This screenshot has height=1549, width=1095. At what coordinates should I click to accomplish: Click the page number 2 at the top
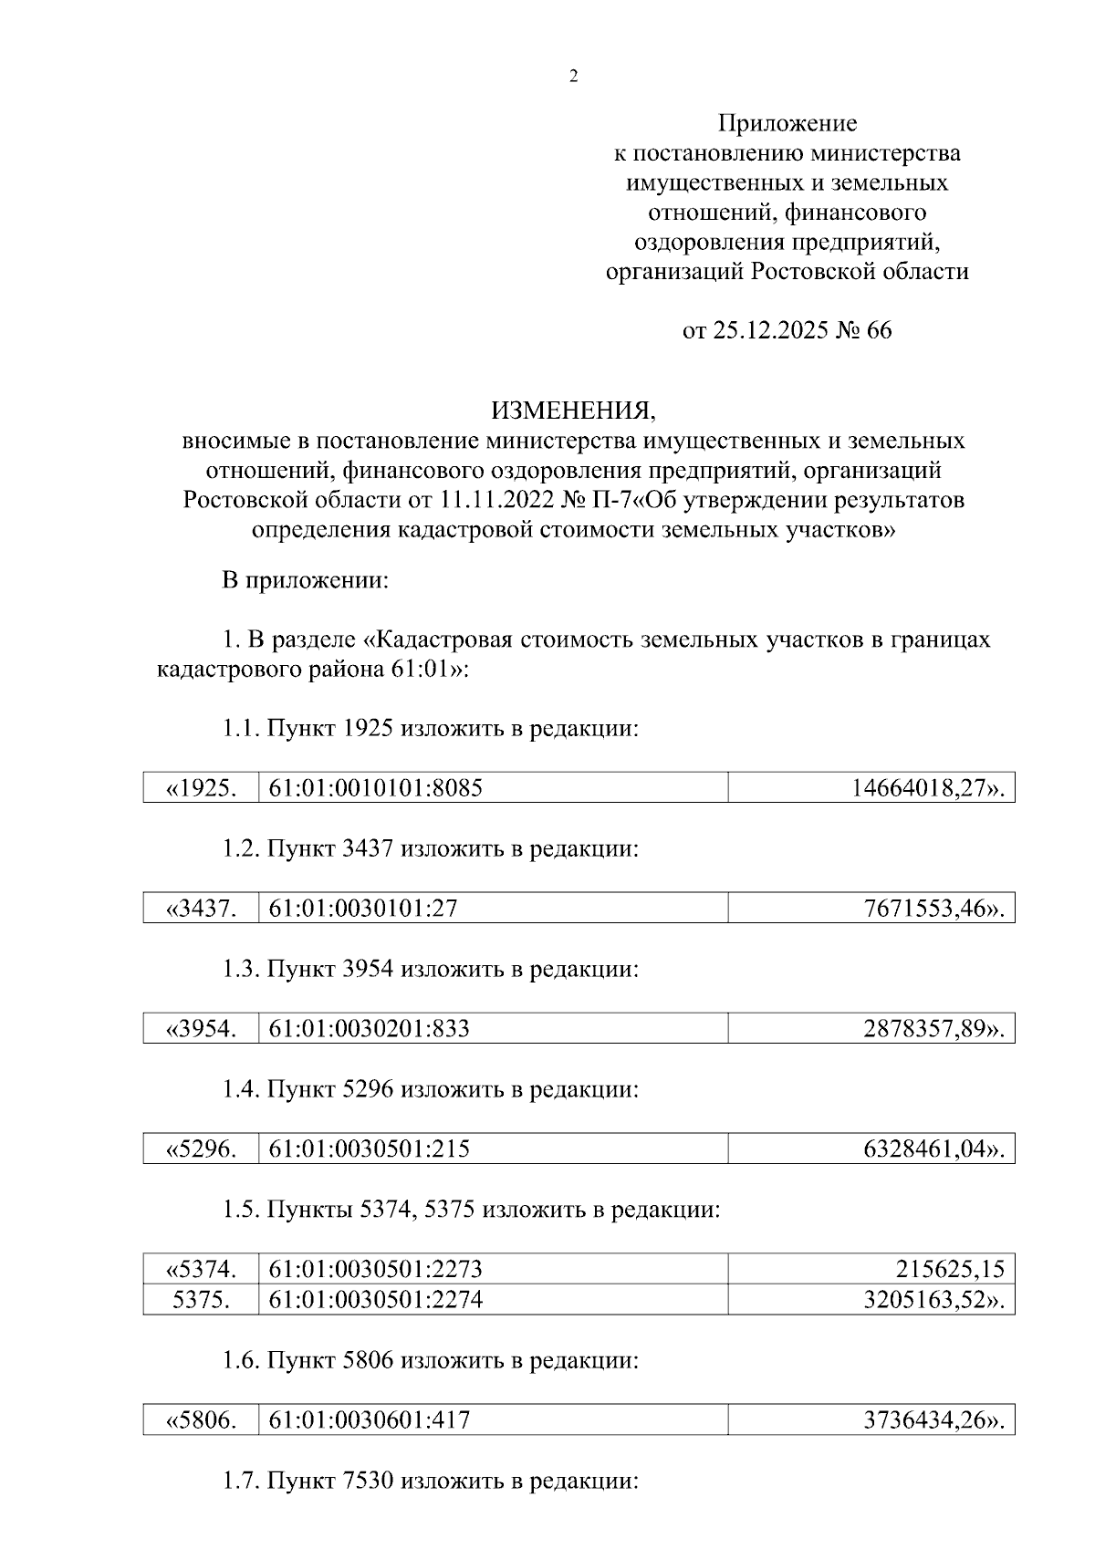pyautogui.click(x=573, y=77)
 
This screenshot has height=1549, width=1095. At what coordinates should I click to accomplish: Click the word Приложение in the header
pyautogui.click(x=787, y=122)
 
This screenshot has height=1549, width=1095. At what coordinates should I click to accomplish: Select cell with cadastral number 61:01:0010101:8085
pyautogui.click(x=376, y=787)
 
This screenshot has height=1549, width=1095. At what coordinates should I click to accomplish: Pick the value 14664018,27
pyautogui.click(x=927, y=787)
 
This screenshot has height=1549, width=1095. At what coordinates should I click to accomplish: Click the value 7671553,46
pyautogui.click(x=933, y=909)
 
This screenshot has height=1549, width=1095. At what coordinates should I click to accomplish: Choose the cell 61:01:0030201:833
pyautogui.click(x=370, y=1029)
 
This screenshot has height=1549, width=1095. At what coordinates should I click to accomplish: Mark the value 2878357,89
pyautogui.click(x=933, y=1029)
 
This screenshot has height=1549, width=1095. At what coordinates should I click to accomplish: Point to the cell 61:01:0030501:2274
pyautogui.click(x=376, y=1299)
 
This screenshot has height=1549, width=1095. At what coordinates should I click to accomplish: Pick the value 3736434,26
pyautogui.click(x=933, y=1419)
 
